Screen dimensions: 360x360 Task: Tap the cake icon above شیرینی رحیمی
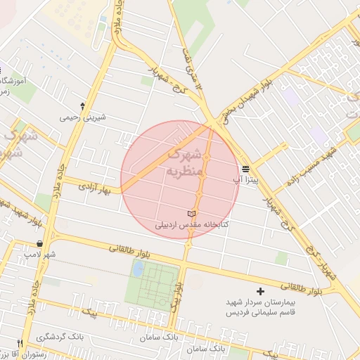click(x=83, y=105)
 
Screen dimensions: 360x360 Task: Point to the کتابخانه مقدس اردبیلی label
click(x=193, y=225)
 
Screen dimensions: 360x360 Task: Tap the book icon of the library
click(x=193, y=214)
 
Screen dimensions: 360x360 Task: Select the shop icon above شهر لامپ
click(x=39, y=243)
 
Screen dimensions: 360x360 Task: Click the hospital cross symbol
click(x=261, y=290)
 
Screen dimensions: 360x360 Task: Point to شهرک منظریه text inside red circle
click(x=184, y=162)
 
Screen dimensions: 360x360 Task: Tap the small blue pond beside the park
click(x=138, y=269)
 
